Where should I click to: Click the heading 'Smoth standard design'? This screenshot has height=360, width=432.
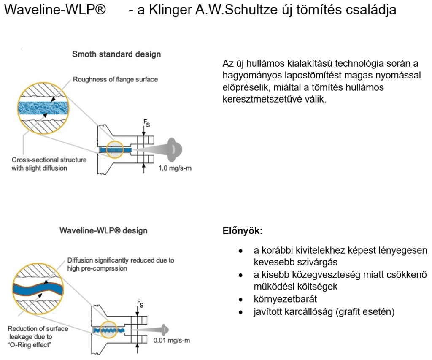point(116,54)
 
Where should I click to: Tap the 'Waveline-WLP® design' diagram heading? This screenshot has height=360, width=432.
point(103,230)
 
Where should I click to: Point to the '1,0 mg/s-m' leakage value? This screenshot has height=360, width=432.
point(175,168)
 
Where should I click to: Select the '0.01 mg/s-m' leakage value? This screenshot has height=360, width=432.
point(172,341)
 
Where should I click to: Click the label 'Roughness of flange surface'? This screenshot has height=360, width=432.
point(115,80)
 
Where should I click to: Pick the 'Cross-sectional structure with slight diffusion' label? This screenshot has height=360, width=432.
point(49,164)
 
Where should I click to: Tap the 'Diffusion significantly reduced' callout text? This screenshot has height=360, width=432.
point(121,264)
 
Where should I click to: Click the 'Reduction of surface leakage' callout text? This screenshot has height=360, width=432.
point(38,336)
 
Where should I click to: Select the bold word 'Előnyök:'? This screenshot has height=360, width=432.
point(243,231)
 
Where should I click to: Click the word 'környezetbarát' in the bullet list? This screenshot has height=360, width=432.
point(285,299)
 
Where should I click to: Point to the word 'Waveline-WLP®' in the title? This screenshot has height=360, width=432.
point(55,10)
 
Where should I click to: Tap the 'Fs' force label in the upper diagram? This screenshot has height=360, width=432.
point(147,123)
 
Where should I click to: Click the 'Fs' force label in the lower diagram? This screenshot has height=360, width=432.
point(140,303)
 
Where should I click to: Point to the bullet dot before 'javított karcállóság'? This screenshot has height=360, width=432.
point(241,312)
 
